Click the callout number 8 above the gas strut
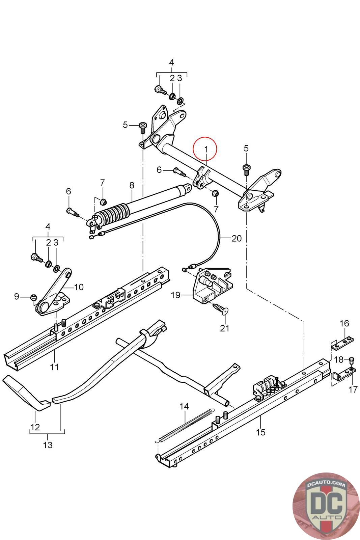132,185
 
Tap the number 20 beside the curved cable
237,238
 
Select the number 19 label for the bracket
175,295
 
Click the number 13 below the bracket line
48,445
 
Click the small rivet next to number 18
351,361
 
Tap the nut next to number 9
33,297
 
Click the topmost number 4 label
171,62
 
